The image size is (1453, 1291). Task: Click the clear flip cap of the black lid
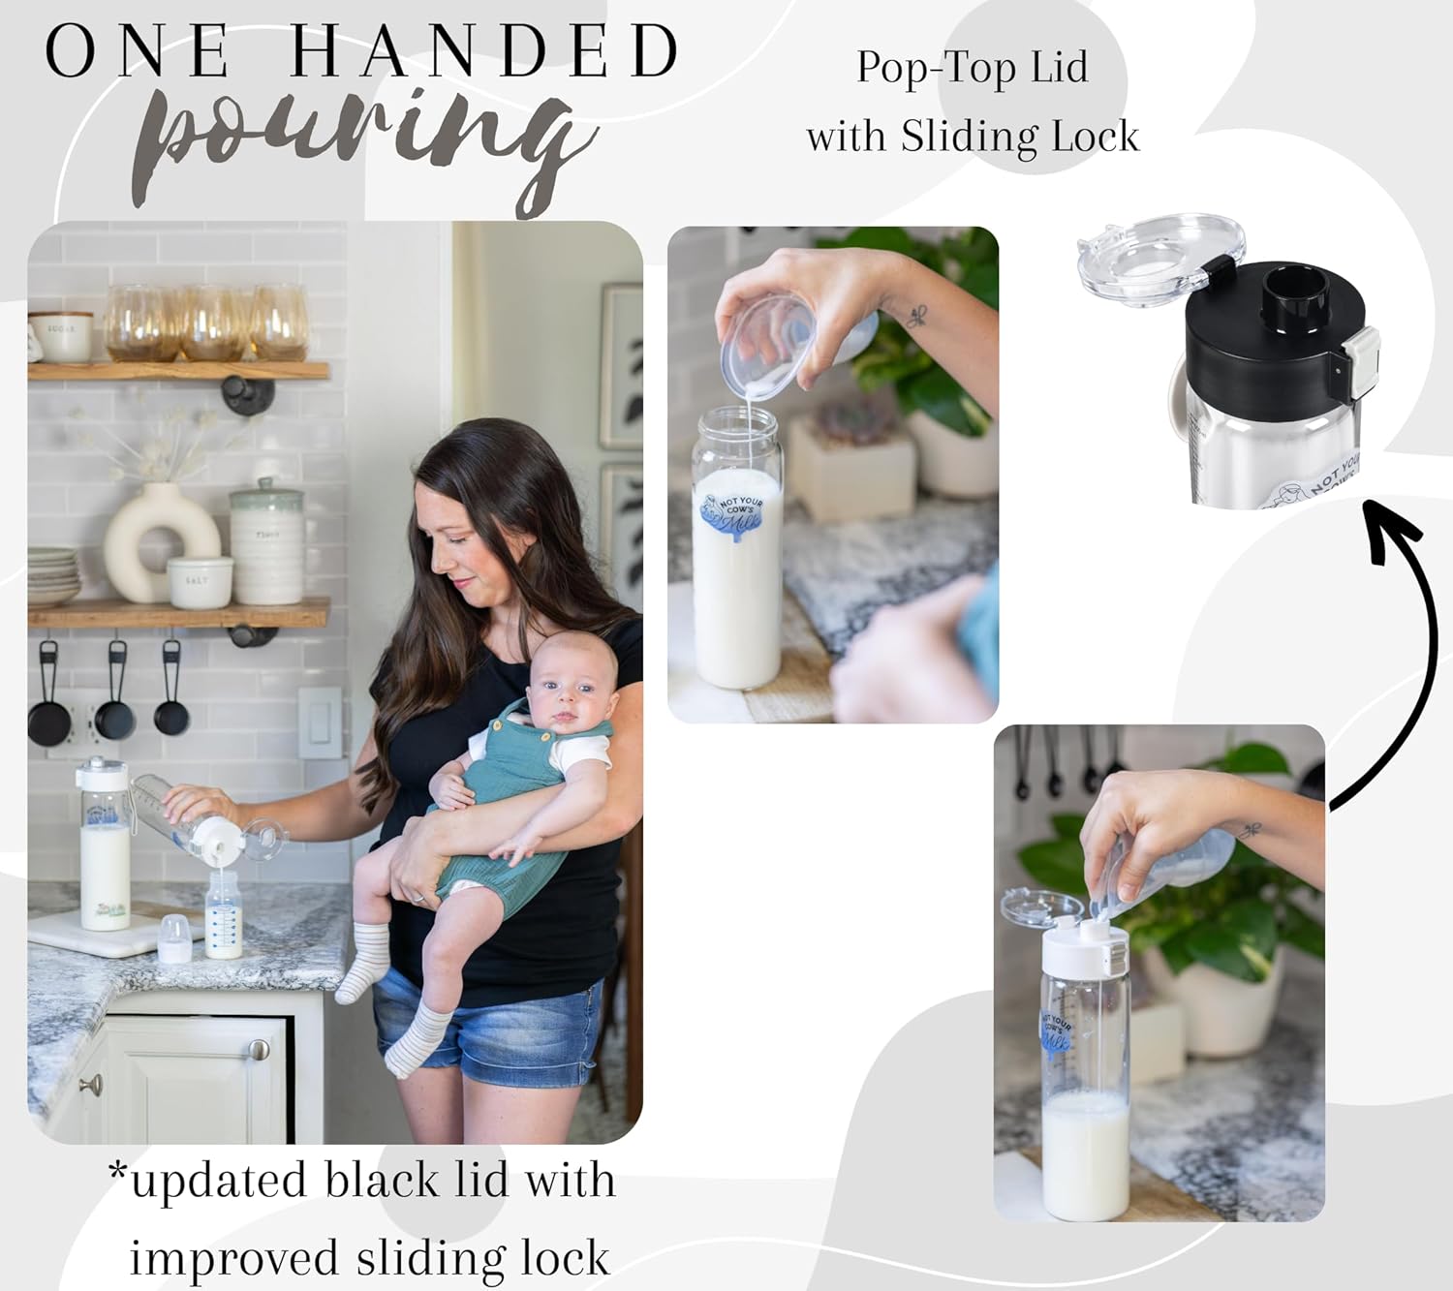click(x=1143, y=260)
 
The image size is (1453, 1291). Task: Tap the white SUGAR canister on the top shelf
click(x=60, y=336)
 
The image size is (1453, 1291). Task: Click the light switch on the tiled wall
click(x=319, y=722)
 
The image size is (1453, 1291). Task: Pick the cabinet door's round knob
click(x=259, y=1050)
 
